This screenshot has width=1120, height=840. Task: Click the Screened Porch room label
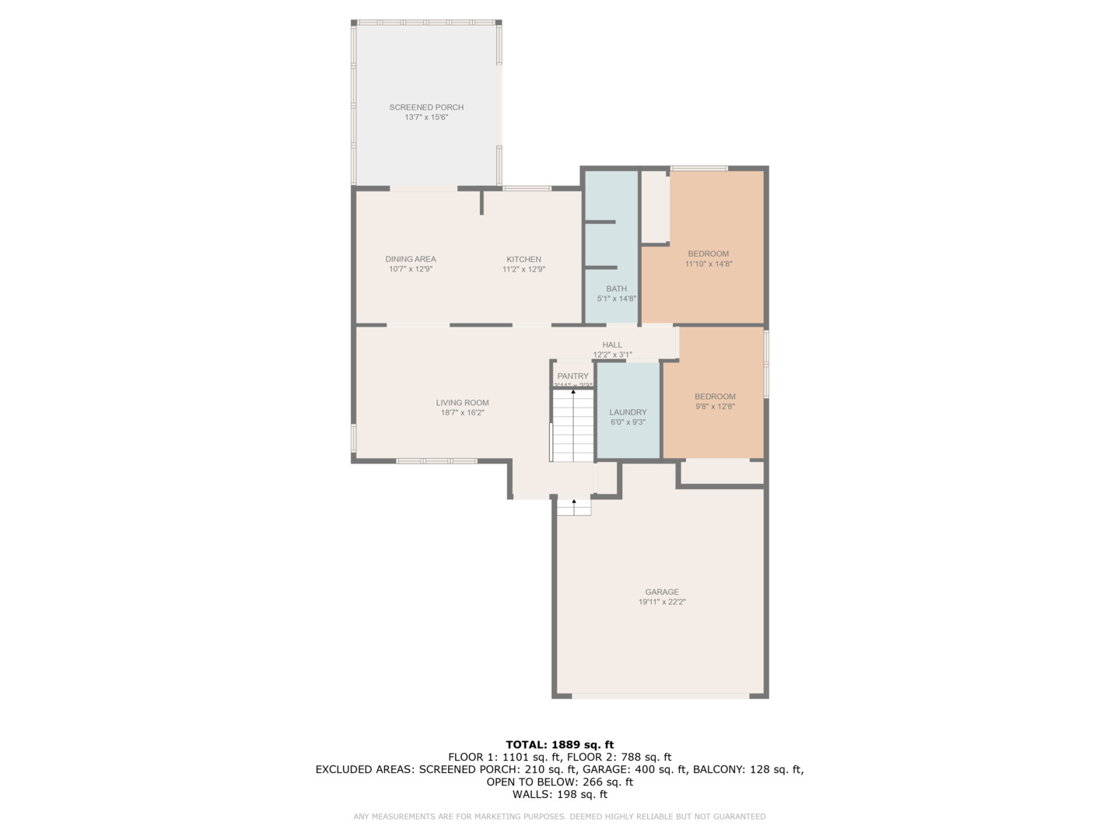[x=426, y=107]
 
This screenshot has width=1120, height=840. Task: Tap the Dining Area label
[x=411, y=259]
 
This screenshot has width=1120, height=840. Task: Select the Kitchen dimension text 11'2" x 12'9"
[x=523, y=270]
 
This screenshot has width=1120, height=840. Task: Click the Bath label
[x=616, y=289]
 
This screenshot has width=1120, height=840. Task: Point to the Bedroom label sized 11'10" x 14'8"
[x=708, y=254]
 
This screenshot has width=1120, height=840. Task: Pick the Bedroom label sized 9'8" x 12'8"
[x=715, y=397]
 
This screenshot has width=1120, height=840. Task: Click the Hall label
[x=612, y=345]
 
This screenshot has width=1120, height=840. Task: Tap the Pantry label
[x=572, y=376]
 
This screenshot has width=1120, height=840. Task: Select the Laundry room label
[x=628, y=412]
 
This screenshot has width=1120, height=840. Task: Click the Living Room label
[x=462, y=403]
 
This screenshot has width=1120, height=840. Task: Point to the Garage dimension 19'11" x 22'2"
[x=662, y=602]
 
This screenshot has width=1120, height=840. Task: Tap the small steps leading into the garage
[x=574, y=506]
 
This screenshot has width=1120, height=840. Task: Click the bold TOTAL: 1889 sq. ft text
[x=559, y=744]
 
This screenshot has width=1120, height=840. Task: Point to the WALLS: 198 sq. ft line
[x=559, y=794]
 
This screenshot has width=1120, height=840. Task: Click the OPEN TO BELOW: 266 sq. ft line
[x=559, y=782]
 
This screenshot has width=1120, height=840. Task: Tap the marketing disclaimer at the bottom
[x=559, y=817]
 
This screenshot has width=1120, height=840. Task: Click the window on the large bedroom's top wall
[x=698, y=168]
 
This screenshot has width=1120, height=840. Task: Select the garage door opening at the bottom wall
[x=660, y=696]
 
